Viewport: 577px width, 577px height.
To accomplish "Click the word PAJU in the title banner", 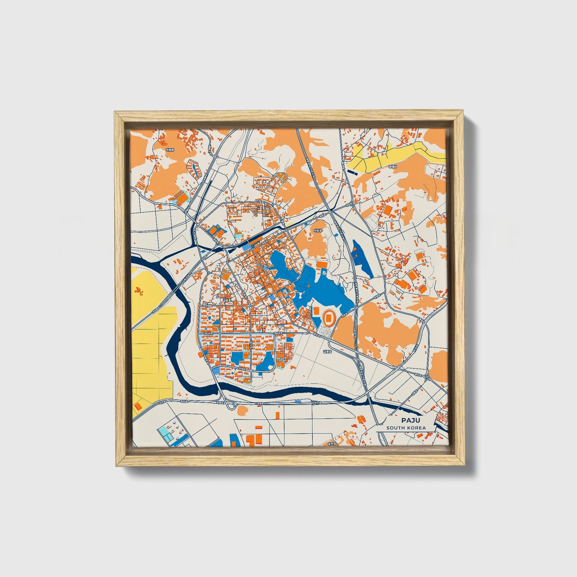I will (408, 420).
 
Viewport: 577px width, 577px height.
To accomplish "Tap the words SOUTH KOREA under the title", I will (406, 428).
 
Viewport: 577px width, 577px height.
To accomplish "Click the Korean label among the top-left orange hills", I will (170, 149).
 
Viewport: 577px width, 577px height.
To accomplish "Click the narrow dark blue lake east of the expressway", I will (362, 258).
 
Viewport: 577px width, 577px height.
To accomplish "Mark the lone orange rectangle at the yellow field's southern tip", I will (138, 406).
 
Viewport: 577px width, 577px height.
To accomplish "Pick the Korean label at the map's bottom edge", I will (333, 443).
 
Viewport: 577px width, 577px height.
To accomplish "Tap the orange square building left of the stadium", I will (315, 311).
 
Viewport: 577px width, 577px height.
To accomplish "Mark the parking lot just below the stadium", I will (325, 332).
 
